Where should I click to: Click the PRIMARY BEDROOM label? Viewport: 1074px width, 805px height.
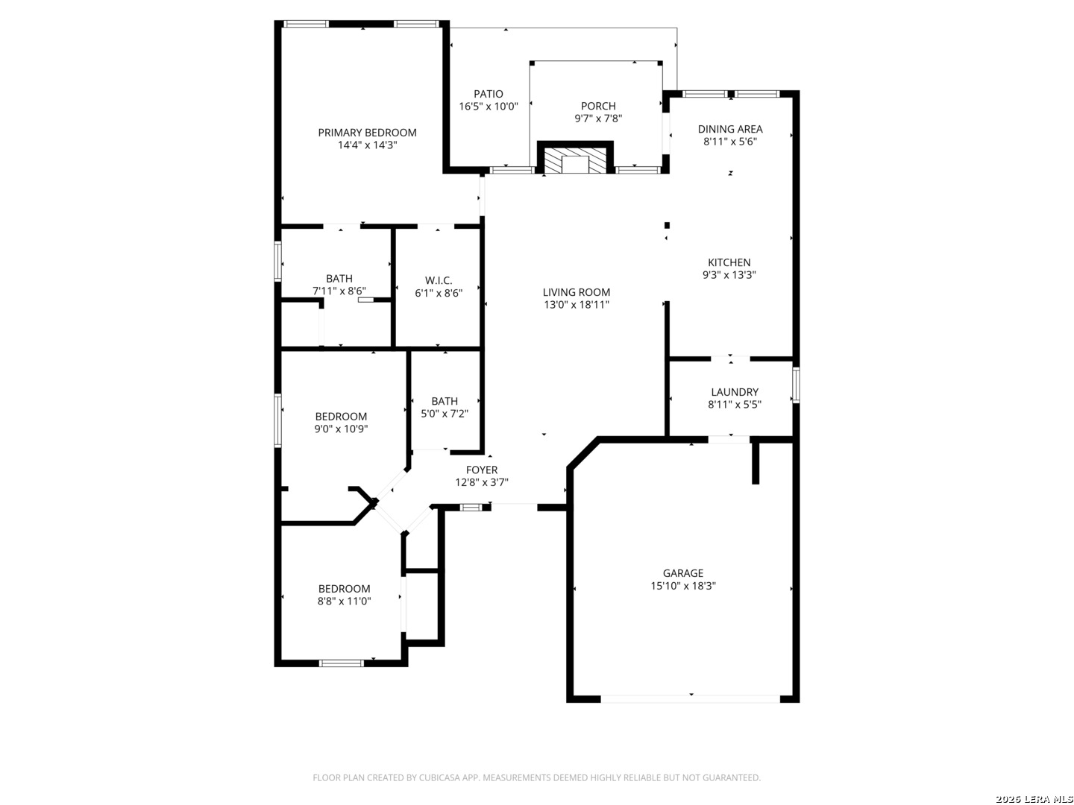pyautogui.click(x=367, y=133)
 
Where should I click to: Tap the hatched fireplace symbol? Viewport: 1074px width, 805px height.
pyautogui.click(x=574, y=161)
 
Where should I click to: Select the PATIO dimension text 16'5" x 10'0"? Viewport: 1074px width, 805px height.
pyautogui.click(x=488, y=107)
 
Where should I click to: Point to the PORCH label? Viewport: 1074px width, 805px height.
pyautogui.click(x=598, y=106)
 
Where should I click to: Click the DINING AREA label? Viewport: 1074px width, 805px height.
pyautogui.click(x=729, y=129)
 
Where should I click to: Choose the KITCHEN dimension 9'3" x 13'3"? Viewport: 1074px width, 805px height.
pyautogui.click(x=729, y=275)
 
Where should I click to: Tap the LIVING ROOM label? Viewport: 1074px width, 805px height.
pyautogui.click(x=576, y=292)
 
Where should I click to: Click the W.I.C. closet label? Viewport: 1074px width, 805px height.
pyautogui.click(x=439, y=280)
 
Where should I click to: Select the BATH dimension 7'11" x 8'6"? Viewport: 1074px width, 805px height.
pyautogui.click(x=339, y=291)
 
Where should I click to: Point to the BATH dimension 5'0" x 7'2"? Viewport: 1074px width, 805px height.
pyautogui.click(x=445, y=414)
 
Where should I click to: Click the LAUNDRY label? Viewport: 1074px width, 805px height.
pyautogui.click(x=735, y=392)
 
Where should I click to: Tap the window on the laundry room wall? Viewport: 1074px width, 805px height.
pyautogui.click(x=796, y=385)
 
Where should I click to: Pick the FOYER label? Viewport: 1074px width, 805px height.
pyautogui.click(x=482, y=470)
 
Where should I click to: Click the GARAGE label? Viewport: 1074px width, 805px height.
pyautogui.click(x=682, y=573)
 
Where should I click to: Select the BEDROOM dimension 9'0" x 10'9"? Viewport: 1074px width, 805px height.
pyautogui.click(x=341, y=429)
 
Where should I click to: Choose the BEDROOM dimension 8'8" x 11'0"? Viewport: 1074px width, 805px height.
pyautogui.click(x=344, y=602)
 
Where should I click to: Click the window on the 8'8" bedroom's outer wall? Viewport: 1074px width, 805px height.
pyautogui.click(x=341, y=663)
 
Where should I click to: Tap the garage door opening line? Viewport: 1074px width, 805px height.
pyautogui.click(x=690, y=699)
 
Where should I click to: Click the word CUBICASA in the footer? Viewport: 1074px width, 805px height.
pyautogui.click(x=440, y=777)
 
